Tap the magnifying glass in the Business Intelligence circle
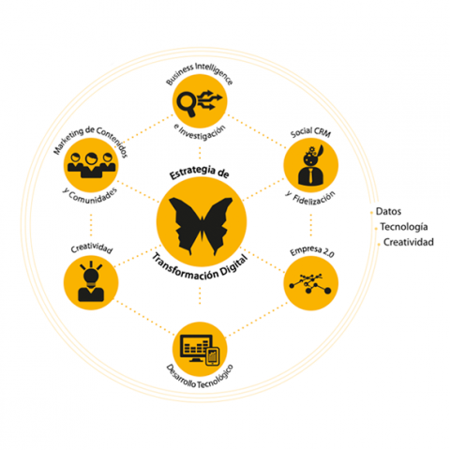(x=187, y=103)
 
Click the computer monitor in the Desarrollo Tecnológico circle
(x=196, y=348)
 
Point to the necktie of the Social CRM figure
(x=311, y=176)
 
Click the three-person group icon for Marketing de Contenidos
(x=91, y=165)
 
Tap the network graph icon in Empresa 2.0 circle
(x=310, y=283)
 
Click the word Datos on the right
(x=388, y=212)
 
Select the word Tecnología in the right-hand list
(x=404, y=227)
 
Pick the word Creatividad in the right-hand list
(x=409, y=242)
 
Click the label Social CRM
(x=310, y=132)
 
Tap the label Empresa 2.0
(x=312, y=251)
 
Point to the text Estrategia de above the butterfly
(x=200, y=172)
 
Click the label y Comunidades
(x=90, y=196)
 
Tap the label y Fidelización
(x=310, y=199)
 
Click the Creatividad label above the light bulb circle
(x=91, y=248)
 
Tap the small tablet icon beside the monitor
(x=213, y=357)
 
